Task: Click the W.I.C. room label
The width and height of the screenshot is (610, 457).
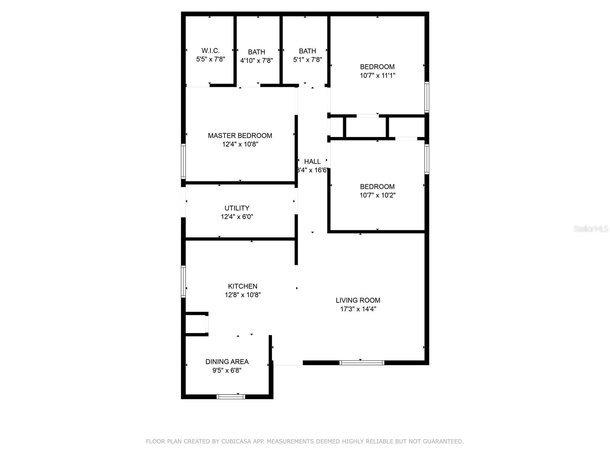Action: point(210,51)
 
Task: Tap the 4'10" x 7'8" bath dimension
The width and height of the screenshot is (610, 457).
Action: point(257,61)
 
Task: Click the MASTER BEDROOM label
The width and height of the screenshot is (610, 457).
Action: point(240,136)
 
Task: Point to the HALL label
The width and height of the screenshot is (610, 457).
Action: point(312,161)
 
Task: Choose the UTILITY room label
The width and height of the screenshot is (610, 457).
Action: point(237,208)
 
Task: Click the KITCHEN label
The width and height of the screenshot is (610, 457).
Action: point(242,286)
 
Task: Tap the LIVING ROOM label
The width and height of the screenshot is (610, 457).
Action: point(358,300)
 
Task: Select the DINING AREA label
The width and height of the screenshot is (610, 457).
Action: point(227,362)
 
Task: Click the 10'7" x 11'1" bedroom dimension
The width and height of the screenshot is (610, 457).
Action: point(377,75)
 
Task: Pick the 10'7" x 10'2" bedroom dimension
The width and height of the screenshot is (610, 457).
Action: point(377,195)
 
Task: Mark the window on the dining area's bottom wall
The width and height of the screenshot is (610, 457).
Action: point(231,396)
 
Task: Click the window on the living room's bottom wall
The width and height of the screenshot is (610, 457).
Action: point(362,363)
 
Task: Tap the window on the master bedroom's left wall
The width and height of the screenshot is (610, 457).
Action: point(183,161)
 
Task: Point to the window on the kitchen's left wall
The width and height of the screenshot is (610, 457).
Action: point(183,281)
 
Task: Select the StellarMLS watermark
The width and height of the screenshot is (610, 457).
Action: point(591,229)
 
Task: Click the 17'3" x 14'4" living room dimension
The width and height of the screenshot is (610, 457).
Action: point(358,309)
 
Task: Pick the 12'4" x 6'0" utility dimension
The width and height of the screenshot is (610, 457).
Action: point(237,217)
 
